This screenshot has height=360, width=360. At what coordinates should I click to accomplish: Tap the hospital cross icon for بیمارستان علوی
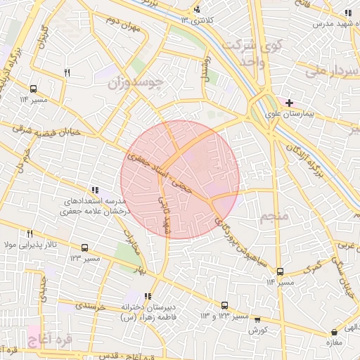coord(289,103)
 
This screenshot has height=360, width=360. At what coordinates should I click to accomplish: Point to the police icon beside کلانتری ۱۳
coord(197,9)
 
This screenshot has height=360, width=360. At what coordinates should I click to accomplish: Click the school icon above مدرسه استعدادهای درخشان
coord(95,190)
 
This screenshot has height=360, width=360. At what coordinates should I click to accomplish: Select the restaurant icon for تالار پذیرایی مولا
coord(30,234)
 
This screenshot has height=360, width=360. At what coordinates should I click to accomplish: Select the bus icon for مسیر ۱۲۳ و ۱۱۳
coord(224,306)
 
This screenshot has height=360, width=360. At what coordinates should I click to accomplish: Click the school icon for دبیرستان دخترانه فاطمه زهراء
coord(147,296)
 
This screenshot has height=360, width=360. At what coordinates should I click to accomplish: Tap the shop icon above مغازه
coord(333,332)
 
